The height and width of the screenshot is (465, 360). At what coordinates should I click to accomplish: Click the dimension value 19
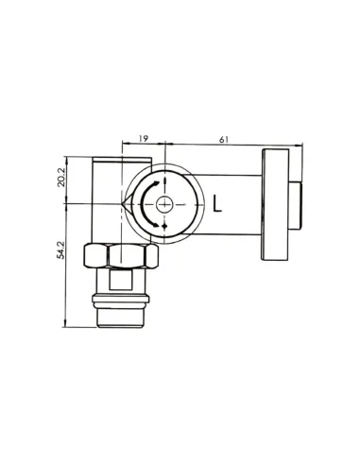point(143,139)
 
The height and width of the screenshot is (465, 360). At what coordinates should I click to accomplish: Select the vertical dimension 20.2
point(60,178)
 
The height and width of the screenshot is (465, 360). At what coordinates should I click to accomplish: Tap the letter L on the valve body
point(219,203)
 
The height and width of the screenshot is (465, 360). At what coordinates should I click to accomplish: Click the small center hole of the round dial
point(165,203)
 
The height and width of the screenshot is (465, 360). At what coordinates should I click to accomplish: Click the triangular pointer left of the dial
point(128,203)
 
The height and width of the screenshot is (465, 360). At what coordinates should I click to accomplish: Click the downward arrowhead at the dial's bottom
point(165,227)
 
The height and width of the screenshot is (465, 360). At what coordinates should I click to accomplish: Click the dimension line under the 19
point(144,146)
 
